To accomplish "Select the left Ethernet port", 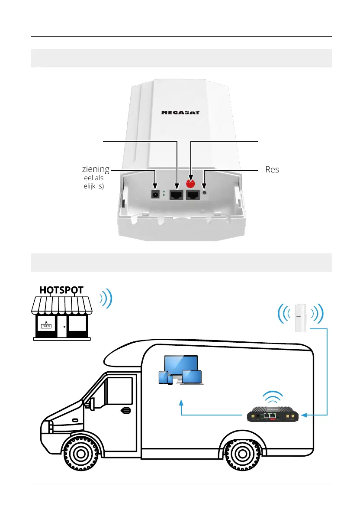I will pyautogui.click(x=177, y=195).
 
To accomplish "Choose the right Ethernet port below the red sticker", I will pyautogui.click(x=192, y=195).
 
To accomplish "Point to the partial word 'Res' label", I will pyautogui.click(x=272, y=169).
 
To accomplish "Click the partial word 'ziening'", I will pyautogui.click(x=95, y=169).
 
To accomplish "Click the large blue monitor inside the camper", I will pyautogui.click(x=181, y=367).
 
